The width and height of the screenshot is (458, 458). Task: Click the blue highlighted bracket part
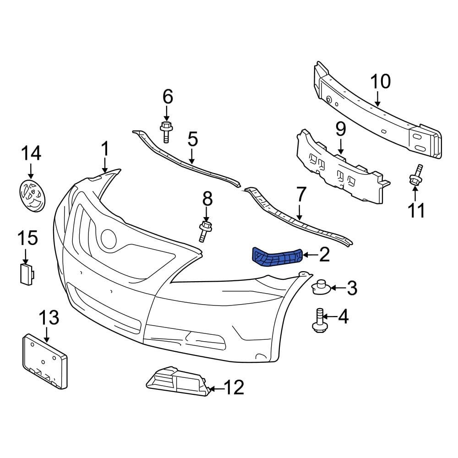(x=276, y=256)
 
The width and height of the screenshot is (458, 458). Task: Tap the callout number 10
(x=380, y=82)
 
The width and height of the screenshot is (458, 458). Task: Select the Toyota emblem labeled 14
(x=33, y=196)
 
